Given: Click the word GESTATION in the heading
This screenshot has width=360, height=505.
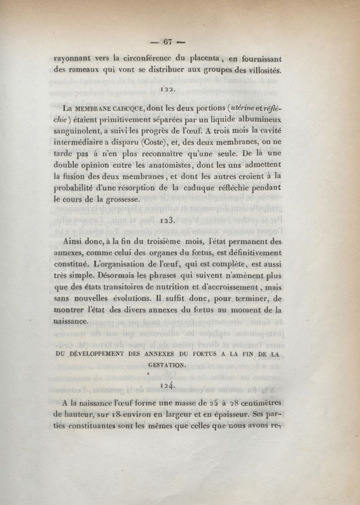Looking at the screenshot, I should pyautogui.click(x=169, y=366).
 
